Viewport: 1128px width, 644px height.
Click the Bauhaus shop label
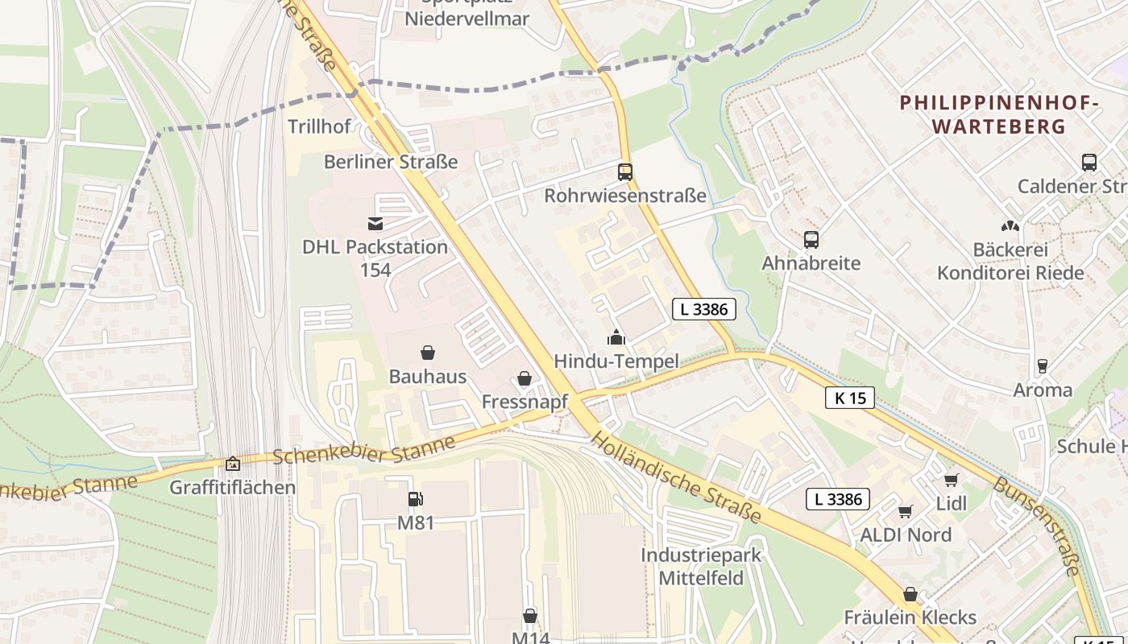(x=428, y=376)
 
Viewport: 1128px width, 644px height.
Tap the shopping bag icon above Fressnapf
(x=525, y=378)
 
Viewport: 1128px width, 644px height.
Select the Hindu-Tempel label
(x=616, y=361)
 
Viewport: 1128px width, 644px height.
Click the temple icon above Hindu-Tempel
(x=616, y=337)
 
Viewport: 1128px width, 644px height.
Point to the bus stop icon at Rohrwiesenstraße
(x=625, y=172)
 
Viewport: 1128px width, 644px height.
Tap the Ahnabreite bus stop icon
(x=811, y=240)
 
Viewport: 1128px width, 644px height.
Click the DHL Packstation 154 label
(x=375, y=258)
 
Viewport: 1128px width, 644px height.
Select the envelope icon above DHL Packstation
(x=375, y=224)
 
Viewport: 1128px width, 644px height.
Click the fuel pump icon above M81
(x=416, y=499)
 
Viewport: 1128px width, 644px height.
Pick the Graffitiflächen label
(x=233, y=487)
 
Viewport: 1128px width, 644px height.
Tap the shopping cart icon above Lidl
(x=952, y=481)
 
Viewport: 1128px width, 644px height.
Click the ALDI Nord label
(x=906, y=535)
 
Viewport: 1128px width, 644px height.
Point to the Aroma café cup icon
(x=1043, y=366)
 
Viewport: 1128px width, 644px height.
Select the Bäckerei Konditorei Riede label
(x=1010, y=261)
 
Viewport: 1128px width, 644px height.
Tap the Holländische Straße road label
(x=676, y=477)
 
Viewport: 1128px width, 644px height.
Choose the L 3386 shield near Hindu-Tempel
(x=703, y=308)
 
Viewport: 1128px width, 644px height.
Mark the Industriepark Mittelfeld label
(x=701, y=566)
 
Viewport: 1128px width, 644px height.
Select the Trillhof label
(x=320, y=126)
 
